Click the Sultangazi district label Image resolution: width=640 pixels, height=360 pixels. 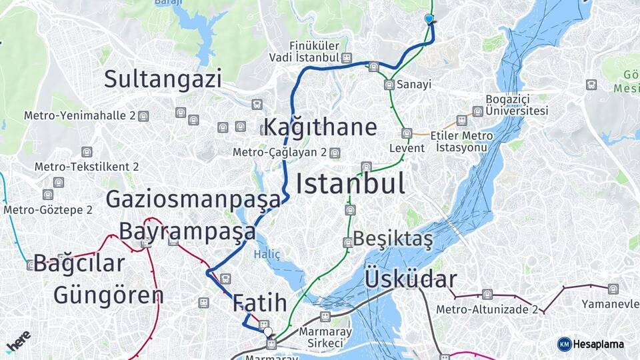[163, 79]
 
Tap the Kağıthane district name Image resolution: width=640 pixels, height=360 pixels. [321, 127]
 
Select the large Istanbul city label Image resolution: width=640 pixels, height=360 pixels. [350, 183]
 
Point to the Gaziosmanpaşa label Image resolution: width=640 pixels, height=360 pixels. [193, 199]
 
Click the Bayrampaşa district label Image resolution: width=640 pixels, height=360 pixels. [187, 231]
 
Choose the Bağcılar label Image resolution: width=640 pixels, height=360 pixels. [79, 263]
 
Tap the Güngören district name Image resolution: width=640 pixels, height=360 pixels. [108, 295]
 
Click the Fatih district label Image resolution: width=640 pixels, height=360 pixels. [260, 303]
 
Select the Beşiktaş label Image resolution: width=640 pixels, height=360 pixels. [393, 238]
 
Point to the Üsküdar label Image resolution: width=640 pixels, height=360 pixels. [411, 280]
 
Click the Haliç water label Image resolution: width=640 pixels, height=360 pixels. [267, 254]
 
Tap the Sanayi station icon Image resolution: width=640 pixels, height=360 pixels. [389, 85]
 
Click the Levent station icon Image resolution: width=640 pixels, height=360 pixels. [407, 133]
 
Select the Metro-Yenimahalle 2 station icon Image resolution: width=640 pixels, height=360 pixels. [143, 116]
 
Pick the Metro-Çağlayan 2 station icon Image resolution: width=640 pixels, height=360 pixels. [335, 153]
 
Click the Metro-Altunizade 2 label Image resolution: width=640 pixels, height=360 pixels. [487, 309]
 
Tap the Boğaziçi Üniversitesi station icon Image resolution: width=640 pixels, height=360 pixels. [477, 111]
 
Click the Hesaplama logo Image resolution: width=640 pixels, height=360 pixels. [591, 344]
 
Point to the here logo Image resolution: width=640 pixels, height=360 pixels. [18, 341]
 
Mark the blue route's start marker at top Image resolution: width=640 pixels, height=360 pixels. [429, 19]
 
